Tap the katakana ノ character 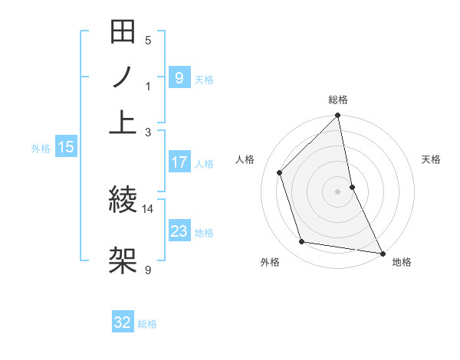(x=123, y=79)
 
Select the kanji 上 (x=123, y=122)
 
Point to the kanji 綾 (x=123, y=201)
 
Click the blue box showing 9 (x=179, y=77)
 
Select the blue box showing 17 (x=179, y=162)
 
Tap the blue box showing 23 (x=179, y=231)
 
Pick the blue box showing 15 (x=66, y=148)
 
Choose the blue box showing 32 (x=123, y=322)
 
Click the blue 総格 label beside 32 (x=147, y=324)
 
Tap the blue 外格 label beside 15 (x=41, y=149)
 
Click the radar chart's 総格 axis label (x=338, y=100)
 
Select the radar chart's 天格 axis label (x=432, y=159)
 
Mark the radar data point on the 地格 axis (x=381, y=252)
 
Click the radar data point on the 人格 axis (x=280, y=172)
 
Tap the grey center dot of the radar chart (x=338, y=191)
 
